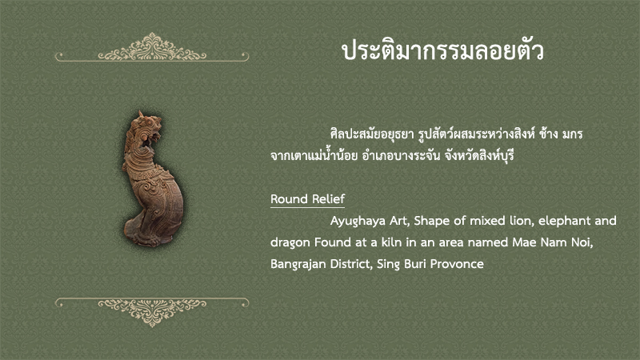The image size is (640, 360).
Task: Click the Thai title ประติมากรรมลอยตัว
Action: (x=443, y=51)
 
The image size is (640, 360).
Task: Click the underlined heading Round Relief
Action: (x=307, y=199)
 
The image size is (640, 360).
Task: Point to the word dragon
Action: (x=290, y=243)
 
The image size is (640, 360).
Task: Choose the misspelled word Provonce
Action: (x=457, y=264)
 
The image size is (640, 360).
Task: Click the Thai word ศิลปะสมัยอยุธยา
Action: (x=372, y=134)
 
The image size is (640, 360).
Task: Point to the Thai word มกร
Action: (x=572, y=134)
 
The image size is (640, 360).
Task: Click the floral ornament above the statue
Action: (x=152, y=48)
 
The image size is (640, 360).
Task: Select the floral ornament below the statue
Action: (x=152, y=312)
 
